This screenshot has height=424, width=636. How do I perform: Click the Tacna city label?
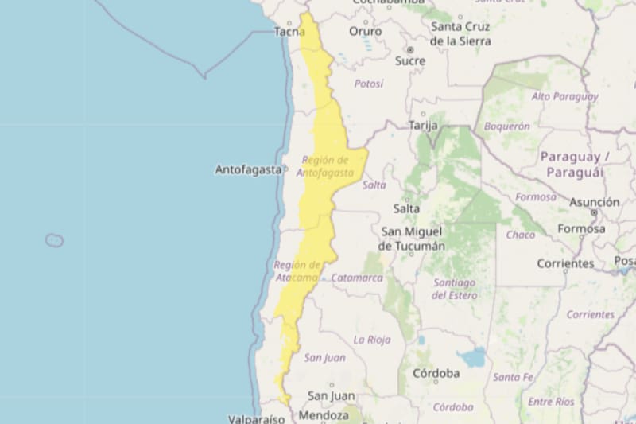(x=289, y=32)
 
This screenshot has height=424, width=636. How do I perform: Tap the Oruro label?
(x=365, y=32)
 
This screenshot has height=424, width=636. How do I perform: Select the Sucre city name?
(x=410, y=60)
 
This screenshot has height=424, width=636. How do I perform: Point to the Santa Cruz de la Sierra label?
(x=460, y=33)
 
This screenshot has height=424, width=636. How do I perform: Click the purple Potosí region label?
(x=369, y=84)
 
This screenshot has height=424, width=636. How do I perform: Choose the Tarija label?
(x=424, y=125)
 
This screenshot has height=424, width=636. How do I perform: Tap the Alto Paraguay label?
(x=564, y=96)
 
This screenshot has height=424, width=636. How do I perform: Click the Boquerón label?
(x=506, y=126)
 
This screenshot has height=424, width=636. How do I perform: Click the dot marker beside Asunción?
(x=593, y=213)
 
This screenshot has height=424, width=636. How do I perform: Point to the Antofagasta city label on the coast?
(x=248, y=169)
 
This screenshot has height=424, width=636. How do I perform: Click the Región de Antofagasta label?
(x=325, y=165)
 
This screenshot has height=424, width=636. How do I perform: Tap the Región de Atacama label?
(x=297, y=270)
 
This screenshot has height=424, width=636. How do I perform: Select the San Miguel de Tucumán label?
(x=412, y=239)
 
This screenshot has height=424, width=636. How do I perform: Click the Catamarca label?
(x=356, y=278)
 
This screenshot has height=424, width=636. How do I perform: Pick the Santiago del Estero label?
(x=454, y=289)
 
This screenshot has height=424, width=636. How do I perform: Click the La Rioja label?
(x=372, y=340)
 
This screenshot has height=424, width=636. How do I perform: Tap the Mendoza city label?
(x=324, y=415)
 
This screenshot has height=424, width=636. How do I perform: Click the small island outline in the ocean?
(x=54, y=240)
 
